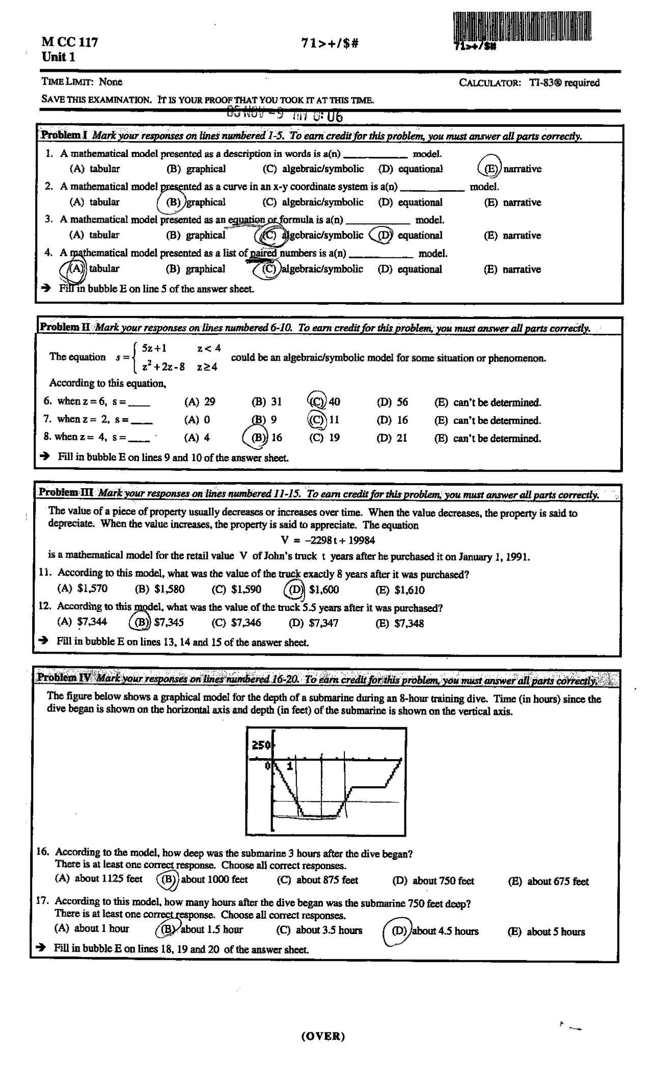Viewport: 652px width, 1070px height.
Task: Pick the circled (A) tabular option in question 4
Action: [x=75, y=269]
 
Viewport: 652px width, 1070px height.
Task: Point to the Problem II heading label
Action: [x=65, y=327]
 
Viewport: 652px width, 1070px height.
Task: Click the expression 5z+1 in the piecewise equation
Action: [x=154, y=349]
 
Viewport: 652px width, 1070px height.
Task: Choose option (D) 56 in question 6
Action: [x=392, y=402]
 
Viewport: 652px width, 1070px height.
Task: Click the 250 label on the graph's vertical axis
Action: [x=261, y=745]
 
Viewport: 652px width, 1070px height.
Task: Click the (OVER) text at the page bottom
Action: [x=323, y=1035]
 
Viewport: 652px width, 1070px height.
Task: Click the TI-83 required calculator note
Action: [x=530, y=83]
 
